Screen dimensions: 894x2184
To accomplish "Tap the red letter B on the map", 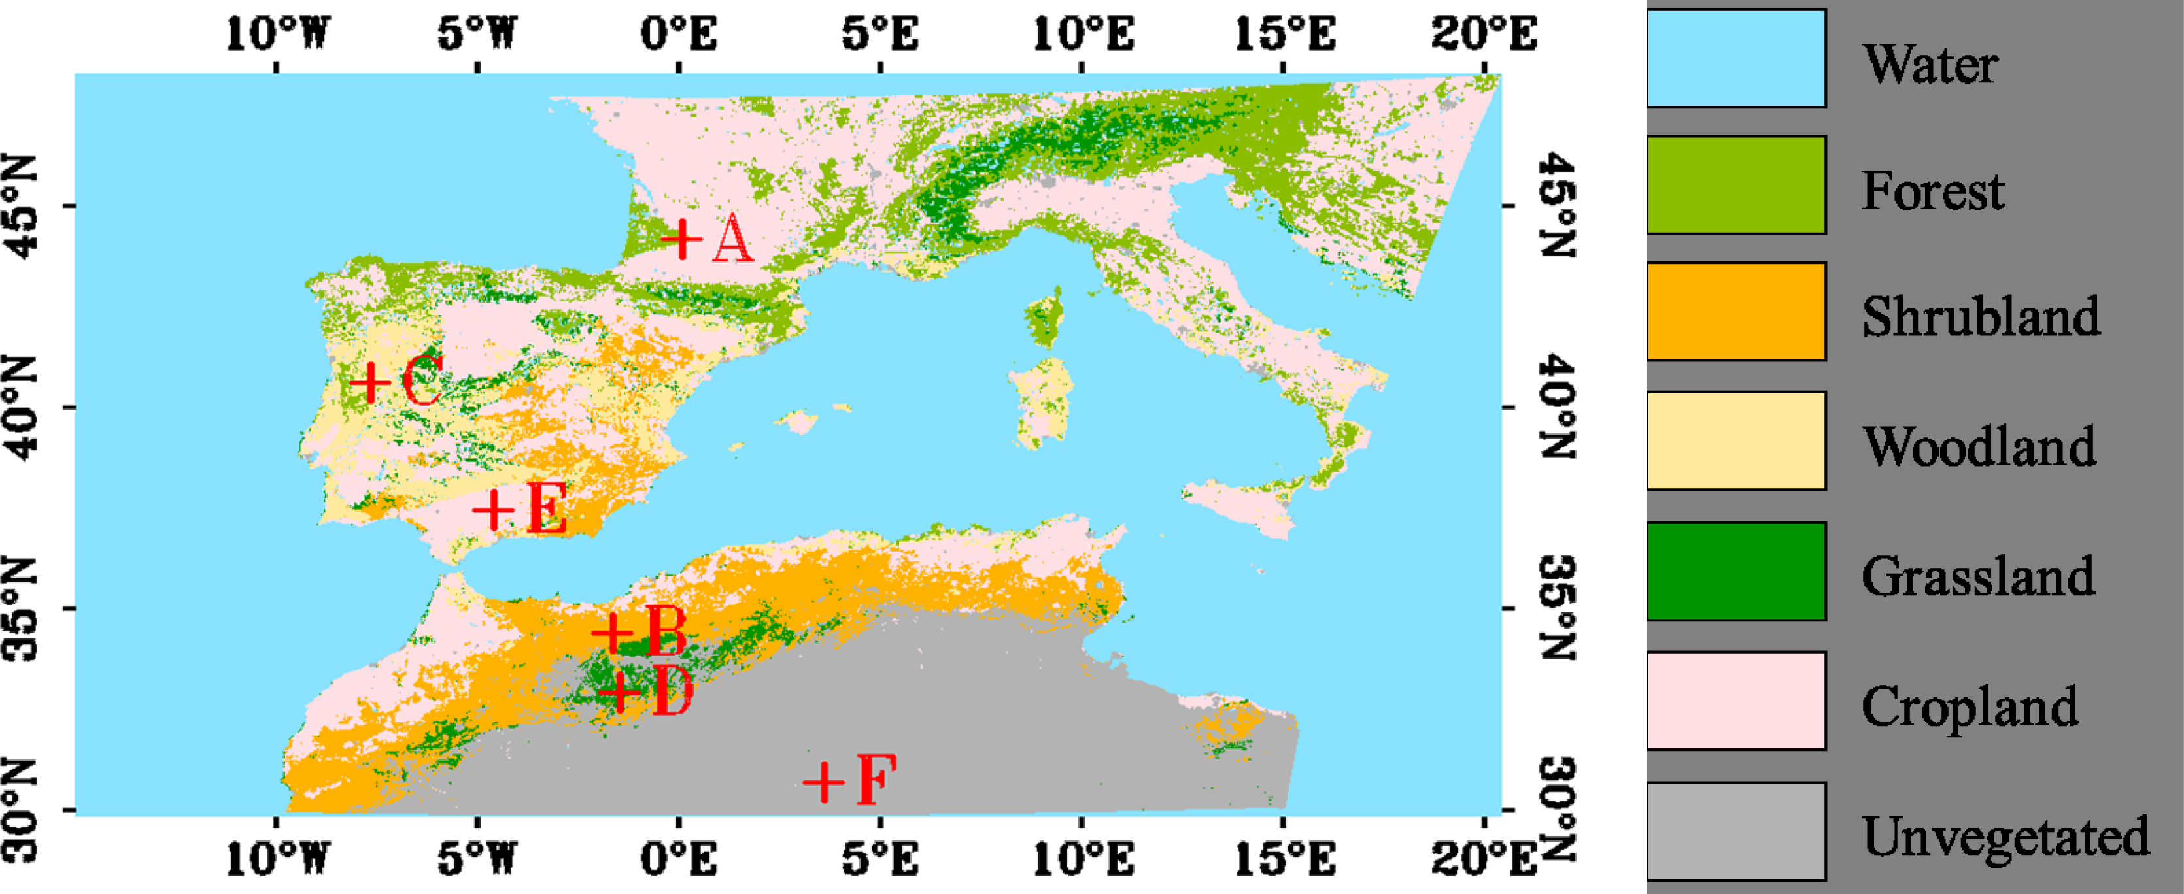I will click(666, 631).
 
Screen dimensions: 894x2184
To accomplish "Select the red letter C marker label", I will click(421, 382).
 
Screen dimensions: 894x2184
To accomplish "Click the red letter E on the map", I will click(546, 509).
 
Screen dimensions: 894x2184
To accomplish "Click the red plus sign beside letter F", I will click(823, 782).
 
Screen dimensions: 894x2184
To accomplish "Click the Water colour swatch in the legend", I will click(1735, 58).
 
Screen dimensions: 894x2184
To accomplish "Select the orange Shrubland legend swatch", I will click(1735, 311).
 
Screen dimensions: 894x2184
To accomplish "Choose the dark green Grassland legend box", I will click(1735, 571).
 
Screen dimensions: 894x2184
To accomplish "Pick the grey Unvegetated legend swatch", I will click(1735, 831).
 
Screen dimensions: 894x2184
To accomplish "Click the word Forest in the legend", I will click(1932, 191).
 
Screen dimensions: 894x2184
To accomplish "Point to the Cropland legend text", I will click(1970, 706).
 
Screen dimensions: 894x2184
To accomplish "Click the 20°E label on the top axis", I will click(1484, 35).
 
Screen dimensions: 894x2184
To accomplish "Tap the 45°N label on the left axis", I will click(23, 206).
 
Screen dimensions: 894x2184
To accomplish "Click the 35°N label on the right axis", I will click(1556, 608).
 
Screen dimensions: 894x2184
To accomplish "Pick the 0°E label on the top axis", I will click(679, 35).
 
